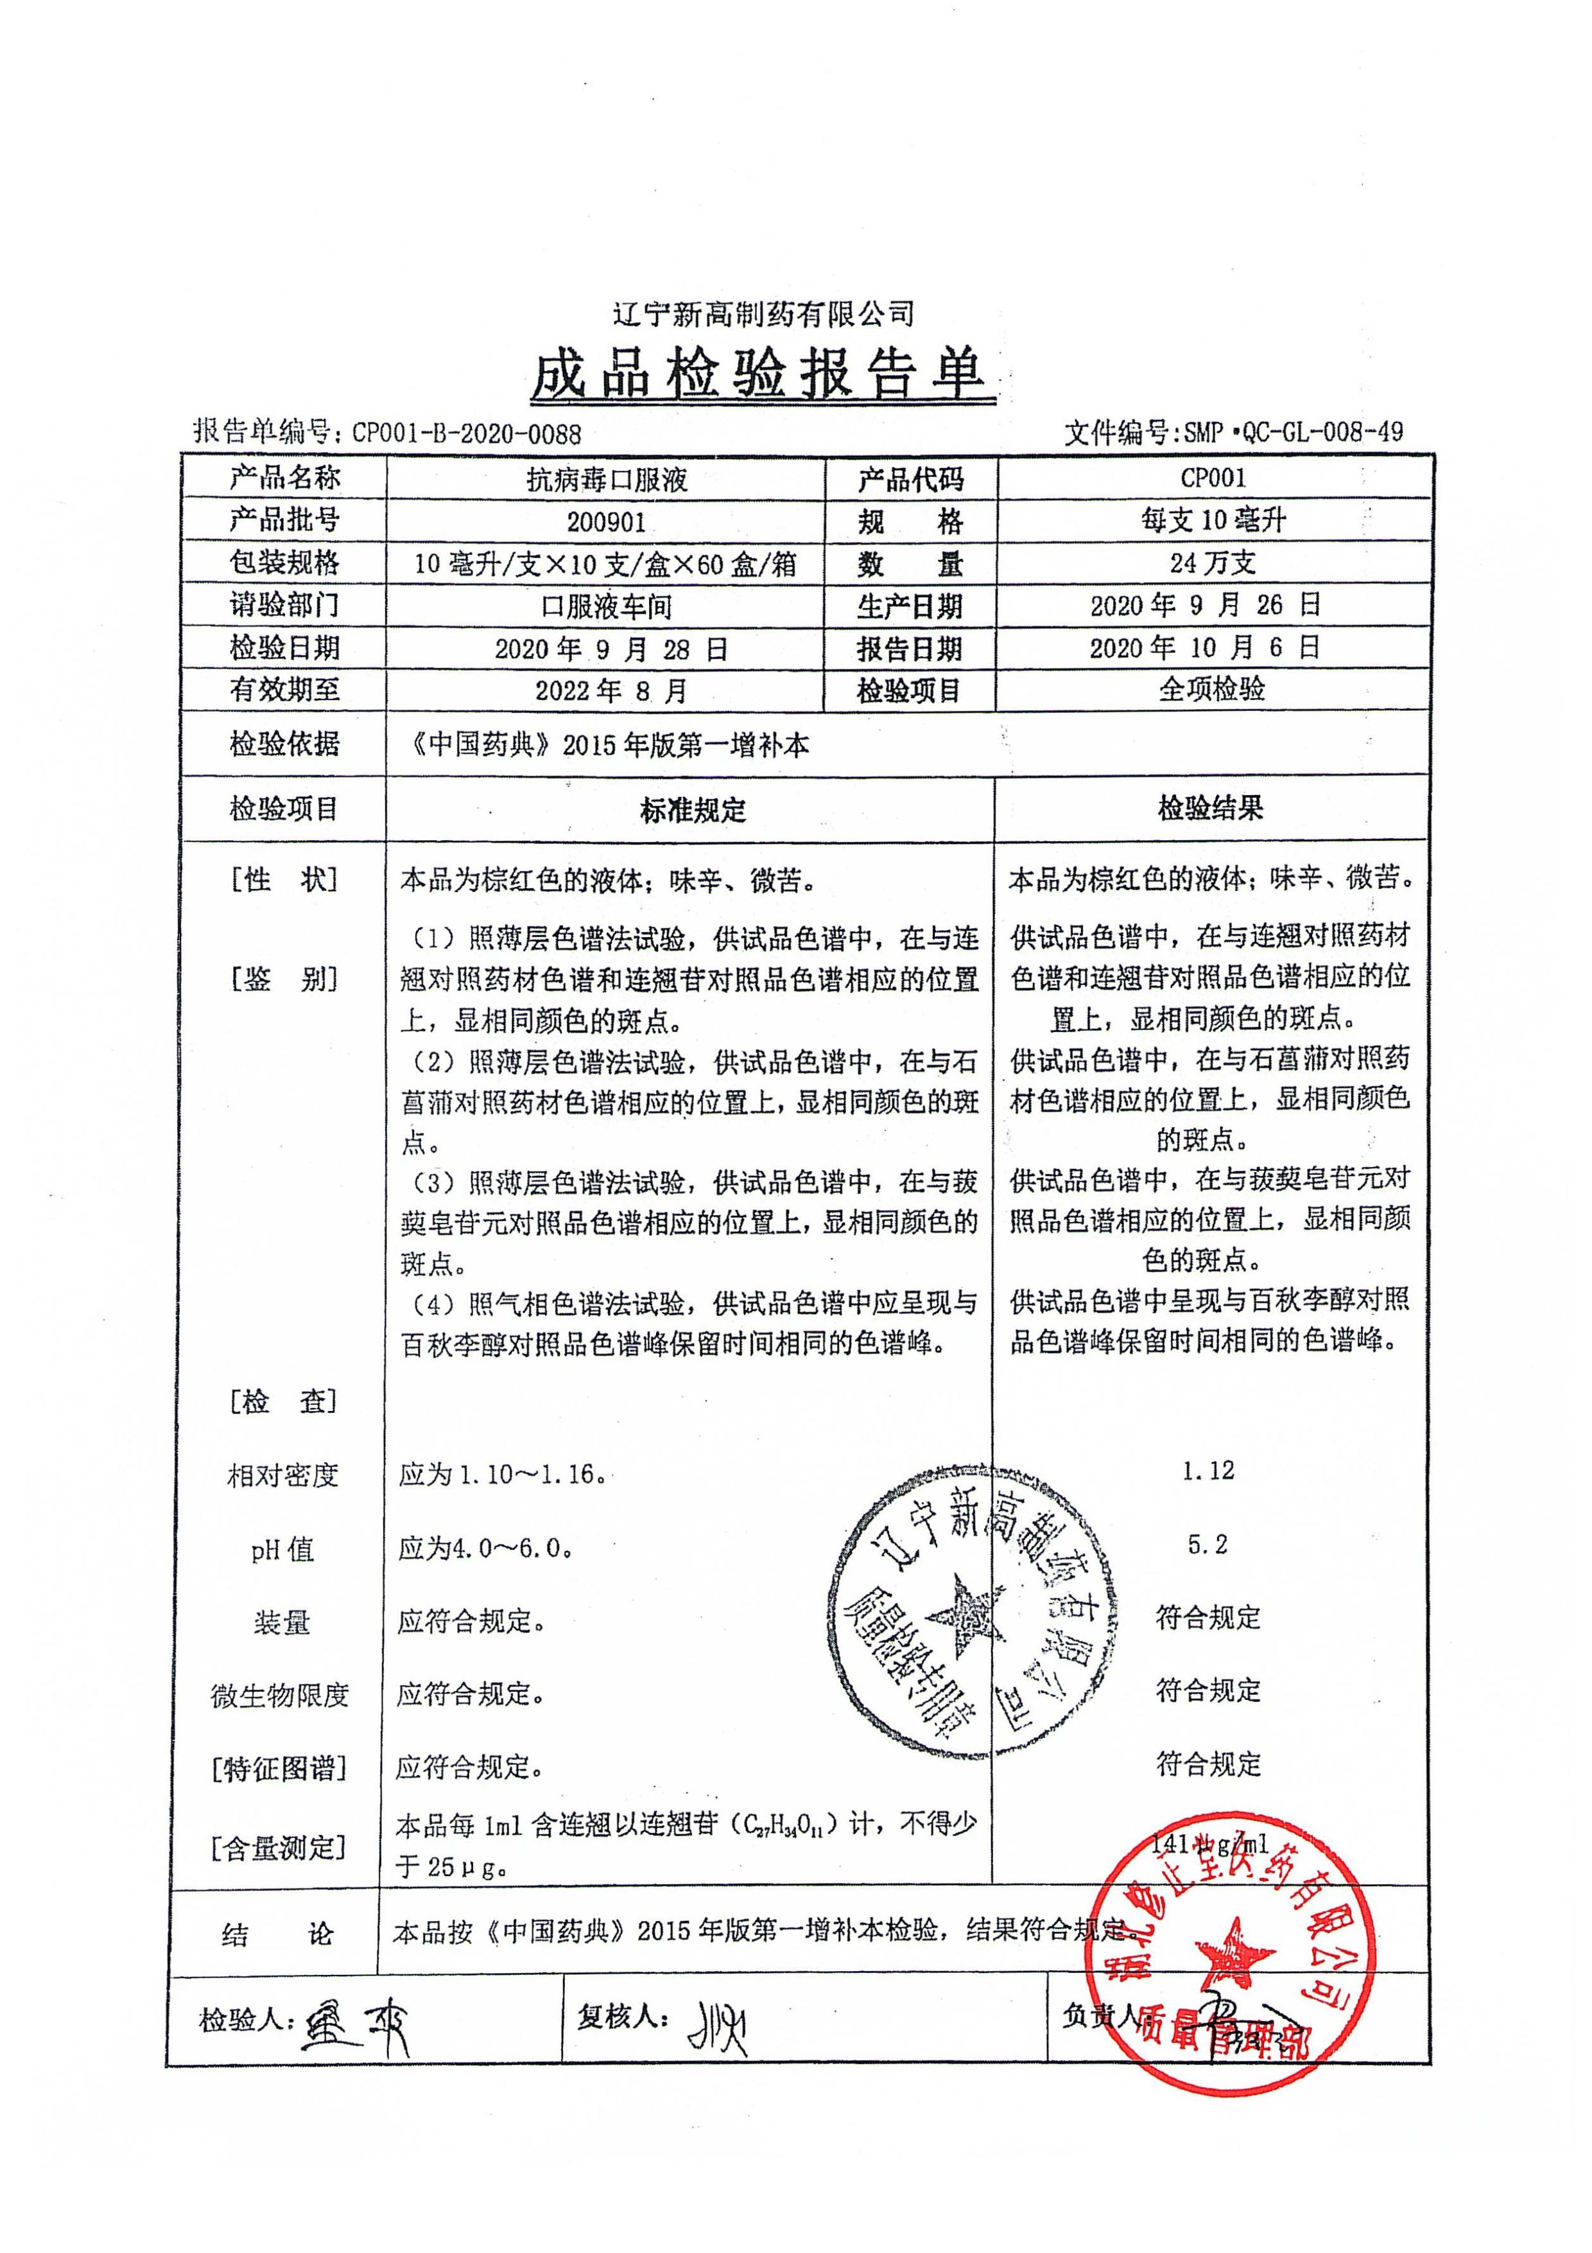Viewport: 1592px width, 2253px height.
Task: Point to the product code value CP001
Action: [x=1213, y=479]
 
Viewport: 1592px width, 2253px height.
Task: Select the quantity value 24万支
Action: [x=1213, y=563]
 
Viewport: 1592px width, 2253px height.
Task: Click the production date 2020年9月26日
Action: [x=1206, y=606]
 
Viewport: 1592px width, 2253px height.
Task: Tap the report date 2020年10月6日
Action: [x=1206, y=647]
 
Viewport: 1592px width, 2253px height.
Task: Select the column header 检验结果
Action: [x=1211, y=809]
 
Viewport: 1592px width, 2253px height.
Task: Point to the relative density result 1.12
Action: [x=1207, y=1471]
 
